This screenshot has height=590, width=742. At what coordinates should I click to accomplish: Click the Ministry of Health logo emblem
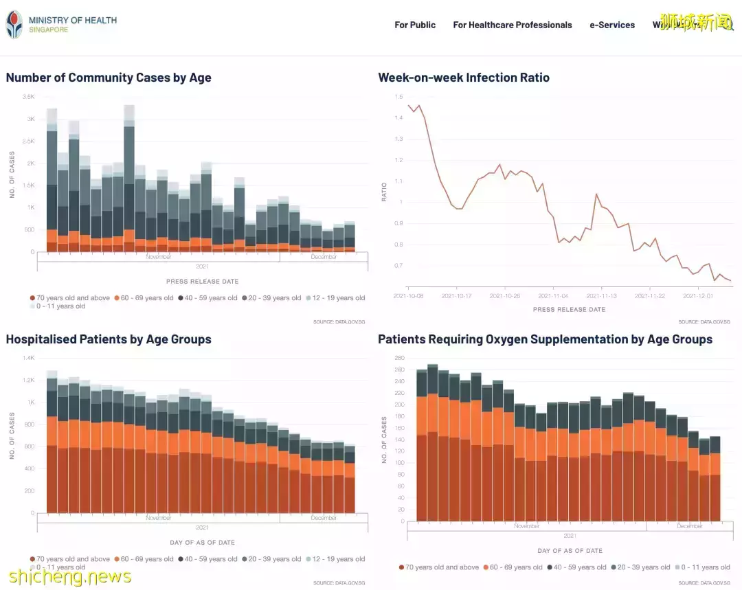click(x=14, y=25)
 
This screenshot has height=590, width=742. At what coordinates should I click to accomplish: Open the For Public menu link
click(x=415, y=25)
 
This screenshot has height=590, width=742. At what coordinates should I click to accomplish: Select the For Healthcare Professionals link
click(x=512, y=25)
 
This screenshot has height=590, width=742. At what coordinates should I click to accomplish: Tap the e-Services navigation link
click(x=611, y=25)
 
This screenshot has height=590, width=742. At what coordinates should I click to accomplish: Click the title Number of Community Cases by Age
click(x=109, y=78)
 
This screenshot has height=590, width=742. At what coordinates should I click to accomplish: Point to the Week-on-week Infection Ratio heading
click(x=464, y=78)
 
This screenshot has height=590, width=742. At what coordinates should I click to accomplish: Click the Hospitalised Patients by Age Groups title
click(x=109, y=339)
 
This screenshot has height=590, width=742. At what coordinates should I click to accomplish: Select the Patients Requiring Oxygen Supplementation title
click(x=545, y=339)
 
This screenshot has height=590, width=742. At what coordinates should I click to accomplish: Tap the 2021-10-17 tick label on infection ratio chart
click(x=456, y=296)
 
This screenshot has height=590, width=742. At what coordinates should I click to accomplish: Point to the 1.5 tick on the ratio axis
click(x=398, y=97)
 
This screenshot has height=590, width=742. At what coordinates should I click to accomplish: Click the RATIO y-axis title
click(x=385, y=192)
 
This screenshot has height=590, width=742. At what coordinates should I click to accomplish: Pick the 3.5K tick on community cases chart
click(x=28, y=97)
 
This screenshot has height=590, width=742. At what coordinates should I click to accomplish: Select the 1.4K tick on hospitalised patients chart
click(x=28, y=358)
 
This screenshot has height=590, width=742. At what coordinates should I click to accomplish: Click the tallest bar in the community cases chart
click(x=129, y=179)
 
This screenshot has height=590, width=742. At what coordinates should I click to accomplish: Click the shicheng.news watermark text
click(x=69, y=578)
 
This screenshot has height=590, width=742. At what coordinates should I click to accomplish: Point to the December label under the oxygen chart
click(x=689, y=526)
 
